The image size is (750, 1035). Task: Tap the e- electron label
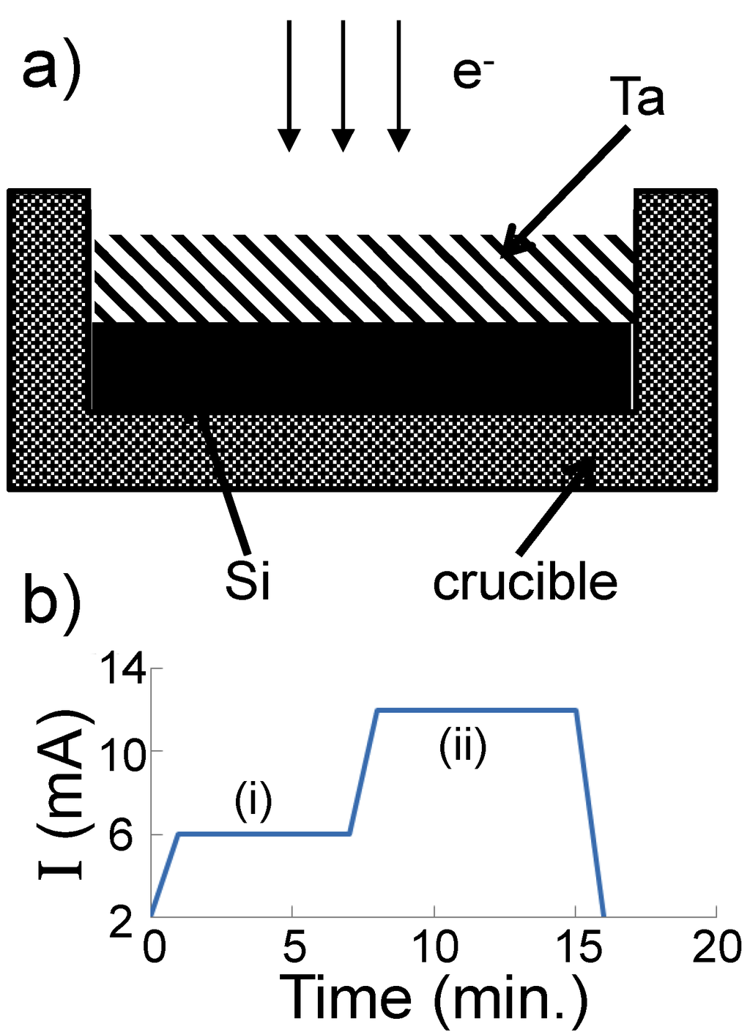(x=472, y=73)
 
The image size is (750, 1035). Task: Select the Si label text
(x=248, y=582)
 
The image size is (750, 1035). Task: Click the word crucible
(x=525, y=583)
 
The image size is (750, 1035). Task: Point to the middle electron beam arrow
(x=343, y=84)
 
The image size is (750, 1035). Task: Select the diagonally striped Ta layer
(x=363, y=278)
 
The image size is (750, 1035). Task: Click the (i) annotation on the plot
(x=253, y=802)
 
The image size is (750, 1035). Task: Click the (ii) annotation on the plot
(x=463, y=749)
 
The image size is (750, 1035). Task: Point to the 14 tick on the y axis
(x=122, y=669)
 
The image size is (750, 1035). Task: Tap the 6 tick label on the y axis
(x=122, y=835)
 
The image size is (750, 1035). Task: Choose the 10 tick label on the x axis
(x=435, y=948)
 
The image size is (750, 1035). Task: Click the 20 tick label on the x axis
(x=716, y=948)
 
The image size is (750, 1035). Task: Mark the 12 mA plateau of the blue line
(x=476, y=709)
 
